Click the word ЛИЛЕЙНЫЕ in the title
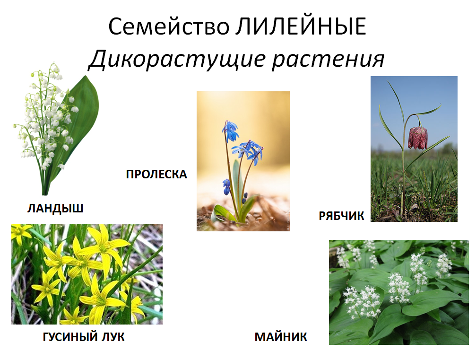click(301, 26)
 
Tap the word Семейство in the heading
click(169, 26)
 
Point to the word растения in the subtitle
click(329, 59)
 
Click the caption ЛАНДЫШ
click(56, 209)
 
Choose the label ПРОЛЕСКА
click(156, 175)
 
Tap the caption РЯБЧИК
click(341, 216)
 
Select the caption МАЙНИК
click(281, 337)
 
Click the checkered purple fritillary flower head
click(418, 138)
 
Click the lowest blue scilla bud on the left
click(226, 186)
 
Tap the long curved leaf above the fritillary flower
click(428, 111)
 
